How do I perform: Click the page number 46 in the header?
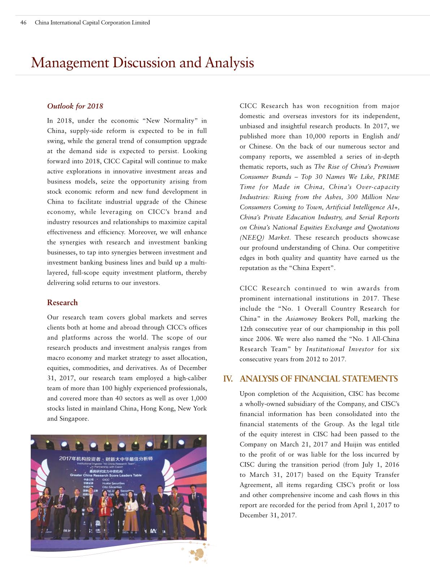(23, 22)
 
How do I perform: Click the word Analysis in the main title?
(229, 63)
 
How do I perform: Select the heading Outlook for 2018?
(75, 106)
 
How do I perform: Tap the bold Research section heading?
(62, 303)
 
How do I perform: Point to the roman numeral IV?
(228, 379)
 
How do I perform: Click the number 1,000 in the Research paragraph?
(198, 398)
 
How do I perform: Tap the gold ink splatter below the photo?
(197, 553)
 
